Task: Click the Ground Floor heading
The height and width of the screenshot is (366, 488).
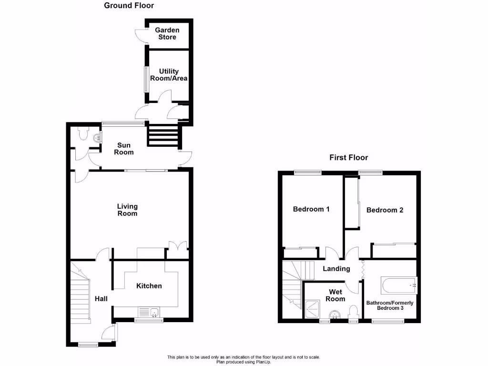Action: tap(129, 6)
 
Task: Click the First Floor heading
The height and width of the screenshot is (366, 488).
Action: tap(349, 157)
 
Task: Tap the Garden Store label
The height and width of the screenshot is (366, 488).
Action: tap(167, 33)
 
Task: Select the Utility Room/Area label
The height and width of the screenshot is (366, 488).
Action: tap(169, 75)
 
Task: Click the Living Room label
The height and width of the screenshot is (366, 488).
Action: tap(127, 210)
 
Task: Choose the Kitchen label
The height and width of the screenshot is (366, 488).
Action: tap(149, 286)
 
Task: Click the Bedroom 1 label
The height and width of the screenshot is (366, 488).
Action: tap(311, 209)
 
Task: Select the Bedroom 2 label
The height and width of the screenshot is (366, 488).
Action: tap(385, 210)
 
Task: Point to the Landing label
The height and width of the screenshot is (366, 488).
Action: tap(336, 269)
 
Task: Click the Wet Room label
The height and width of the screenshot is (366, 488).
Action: tap(335, 295)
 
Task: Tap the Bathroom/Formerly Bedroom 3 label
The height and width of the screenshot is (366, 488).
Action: tap(390, 305)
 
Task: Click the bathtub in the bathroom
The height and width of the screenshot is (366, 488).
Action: tap(399, 285)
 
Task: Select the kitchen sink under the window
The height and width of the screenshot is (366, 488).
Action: tap(149, 313)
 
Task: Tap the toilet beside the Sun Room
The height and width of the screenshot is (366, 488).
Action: tap(83, 135)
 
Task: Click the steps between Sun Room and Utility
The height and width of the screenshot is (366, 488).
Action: tap(164, 135)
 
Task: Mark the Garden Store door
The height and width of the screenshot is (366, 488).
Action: tap(141, 36)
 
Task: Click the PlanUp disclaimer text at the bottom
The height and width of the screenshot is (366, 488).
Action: tap(244, 359)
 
